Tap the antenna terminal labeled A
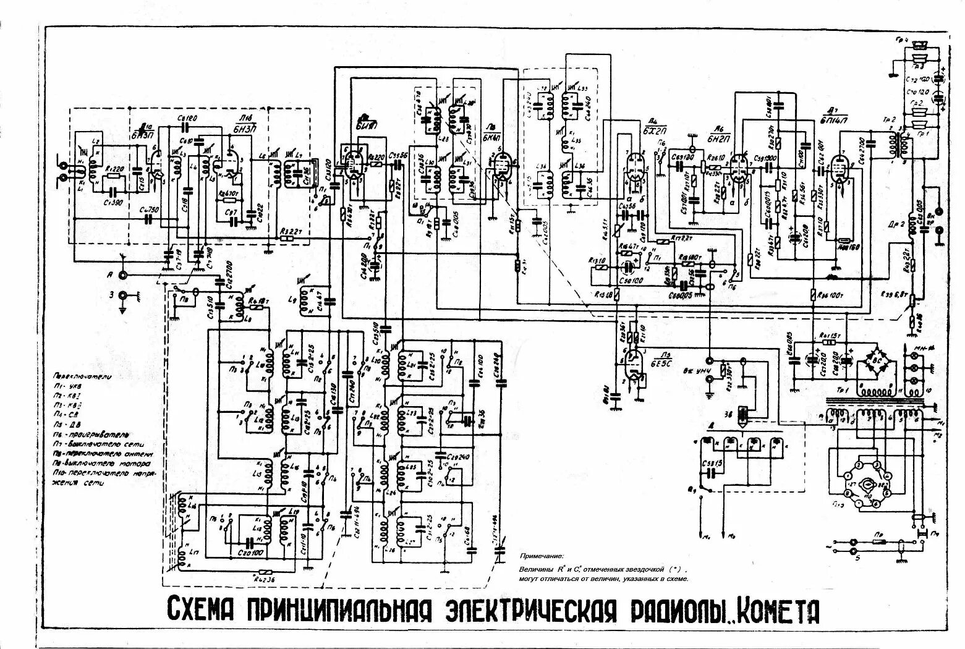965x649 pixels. point(124,276)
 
